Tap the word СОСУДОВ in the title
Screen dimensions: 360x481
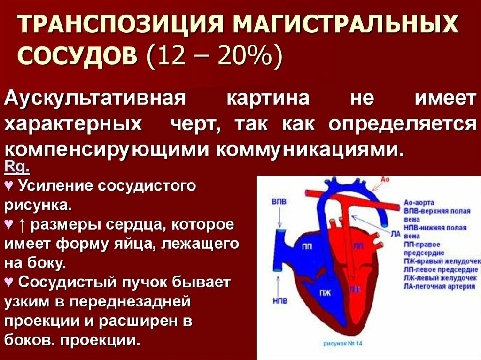78,57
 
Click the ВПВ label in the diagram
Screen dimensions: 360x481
279,201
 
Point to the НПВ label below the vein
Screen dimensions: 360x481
279,300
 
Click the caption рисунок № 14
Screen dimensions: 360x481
343,343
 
